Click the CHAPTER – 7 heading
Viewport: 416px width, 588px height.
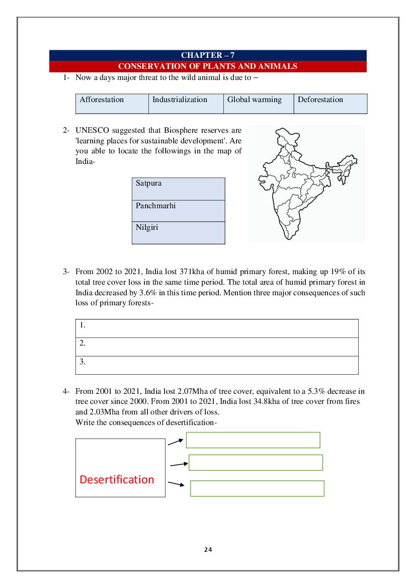[208, 55]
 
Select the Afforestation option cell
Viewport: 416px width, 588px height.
[112, 104]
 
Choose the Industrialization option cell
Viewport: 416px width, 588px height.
[186, 104]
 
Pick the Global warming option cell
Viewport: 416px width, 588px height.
[258, 104]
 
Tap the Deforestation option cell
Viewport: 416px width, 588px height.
[330, 104]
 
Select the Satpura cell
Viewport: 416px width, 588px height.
[178, 189]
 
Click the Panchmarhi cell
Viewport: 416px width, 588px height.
[178, 211]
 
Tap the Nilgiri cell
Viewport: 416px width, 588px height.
[178, 232]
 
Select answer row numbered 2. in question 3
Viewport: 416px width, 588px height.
[217, 347]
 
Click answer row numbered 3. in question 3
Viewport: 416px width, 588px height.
[217, 365]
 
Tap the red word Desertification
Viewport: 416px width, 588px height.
[117, 479]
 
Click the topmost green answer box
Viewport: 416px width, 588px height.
[253, 440]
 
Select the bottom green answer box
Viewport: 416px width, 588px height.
[257, 488]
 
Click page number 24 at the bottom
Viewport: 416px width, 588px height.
[208, 549]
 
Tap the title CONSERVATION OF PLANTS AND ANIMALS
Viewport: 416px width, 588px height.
[208, 66]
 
